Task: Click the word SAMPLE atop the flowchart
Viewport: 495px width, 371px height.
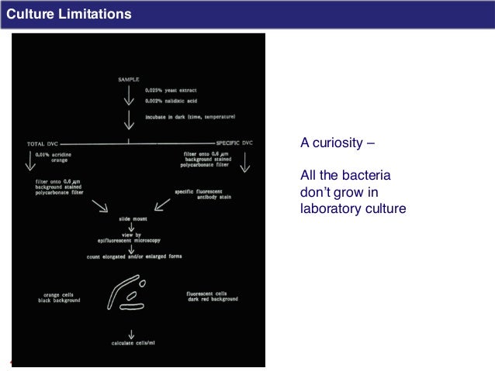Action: tap(129, 78)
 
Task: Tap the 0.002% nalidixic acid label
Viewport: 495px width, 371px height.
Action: tap(170, 101)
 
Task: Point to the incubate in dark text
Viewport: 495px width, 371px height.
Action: tap(190, 116)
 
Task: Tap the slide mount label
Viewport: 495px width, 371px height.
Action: tap(130, 219)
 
